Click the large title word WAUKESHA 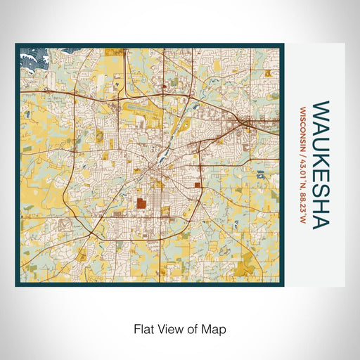click(x=321, y=165)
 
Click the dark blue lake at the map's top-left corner click(x=32, y=56)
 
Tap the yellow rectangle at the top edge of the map click(x=114, y=52)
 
